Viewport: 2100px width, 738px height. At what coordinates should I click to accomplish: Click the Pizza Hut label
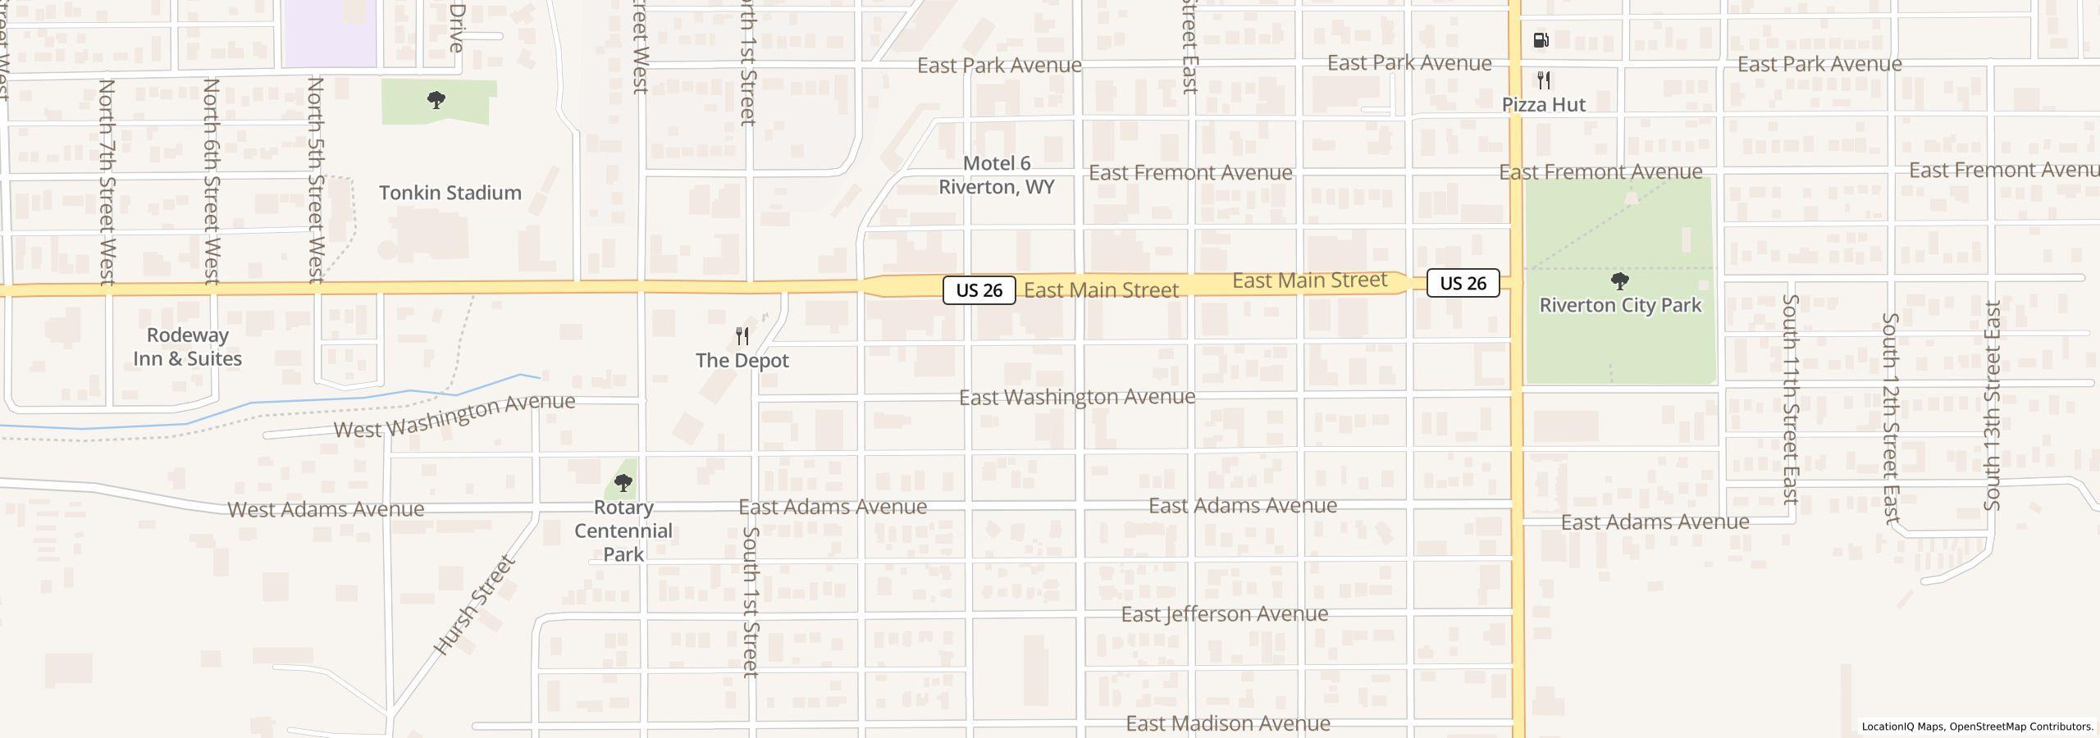click(1544, 105)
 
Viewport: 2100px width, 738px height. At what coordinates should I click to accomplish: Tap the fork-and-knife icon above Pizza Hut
click(1544, 80)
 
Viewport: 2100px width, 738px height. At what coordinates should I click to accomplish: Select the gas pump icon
click(1541, 40)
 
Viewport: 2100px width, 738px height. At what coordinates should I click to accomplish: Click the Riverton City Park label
click(1620, 305)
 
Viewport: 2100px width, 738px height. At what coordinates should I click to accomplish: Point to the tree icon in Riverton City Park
click(1620, 281)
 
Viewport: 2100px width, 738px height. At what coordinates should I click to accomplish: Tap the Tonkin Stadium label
click(450, 193)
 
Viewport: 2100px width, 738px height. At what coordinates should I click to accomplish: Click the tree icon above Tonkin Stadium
click(436, 101)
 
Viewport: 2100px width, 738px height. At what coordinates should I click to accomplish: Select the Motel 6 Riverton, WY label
click(997, 175)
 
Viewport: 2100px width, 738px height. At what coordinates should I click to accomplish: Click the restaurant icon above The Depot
click(742, 336)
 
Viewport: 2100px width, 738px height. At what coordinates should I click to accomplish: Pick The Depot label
click(742, 361)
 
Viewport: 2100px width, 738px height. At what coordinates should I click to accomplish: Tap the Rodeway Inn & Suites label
click(188, 347)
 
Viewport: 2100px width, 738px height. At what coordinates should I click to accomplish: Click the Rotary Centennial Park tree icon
click(623, 483)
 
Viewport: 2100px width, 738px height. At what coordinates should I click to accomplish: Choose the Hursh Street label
click(474, 605)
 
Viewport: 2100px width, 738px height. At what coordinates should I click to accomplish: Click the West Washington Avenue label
click(454, 416)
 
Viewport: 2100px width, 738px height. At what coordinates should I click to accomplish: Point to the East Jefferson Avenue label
click(1225, 614)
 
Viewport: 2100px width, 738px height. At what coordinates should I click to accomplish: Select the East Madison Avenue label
click(1228, 723)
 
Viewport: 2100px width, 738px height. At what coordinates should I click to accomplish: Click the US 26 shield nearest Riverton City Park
click(1463, 283)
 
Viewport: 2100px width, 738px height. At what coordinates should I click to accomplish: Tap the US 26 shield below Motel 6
click(979, 290)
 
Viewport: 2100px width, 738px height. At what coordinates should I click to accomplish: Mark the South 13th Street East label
click(1993, 406)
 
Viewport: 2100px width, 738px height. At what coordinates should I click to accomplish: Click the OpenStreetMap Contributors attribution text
click(2021, 727)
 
